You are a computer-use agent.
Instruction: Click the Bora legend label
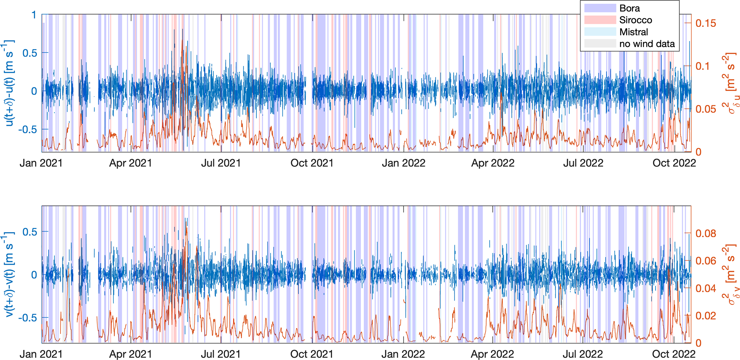[629, 8]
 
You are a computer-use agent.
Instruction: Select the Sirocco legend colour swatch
[600, 20]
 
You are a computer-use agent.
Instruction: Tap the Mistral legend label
[634, 32]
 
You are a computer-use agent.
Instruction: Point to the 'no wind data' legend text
[647, 44]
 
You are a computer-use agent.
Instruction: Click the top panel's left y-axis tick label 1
[34, 15]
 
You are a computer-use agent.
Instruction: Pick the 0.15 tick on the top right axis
[706, 23]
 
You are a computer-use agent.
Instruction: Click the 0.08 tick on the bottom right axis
[706, 234]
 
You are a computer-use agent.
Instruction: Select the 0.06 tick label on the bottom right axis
[706, 261]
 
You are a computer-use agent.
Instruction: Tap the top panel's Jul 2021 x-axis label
[221, 163]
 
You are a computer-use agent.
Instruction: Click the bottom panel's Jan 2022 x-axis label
[403, 354]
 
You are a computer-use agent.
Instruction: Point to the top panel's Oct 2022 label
[674, 163]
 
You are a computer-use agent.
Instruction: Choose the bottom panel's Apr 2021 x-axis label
[130, 354]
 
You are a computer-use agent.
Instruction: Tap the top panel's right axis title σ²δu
[730, 83]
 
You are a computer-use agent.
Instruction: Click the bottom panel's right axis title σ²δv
[730, 275]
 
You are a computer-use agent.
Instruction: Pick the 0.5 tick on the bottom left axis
[30, 232]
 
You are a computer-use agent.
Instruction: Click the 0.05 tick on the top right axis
[706, 109]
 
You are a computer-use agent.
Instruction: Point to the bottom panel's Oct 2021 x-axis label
[311, 354]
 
